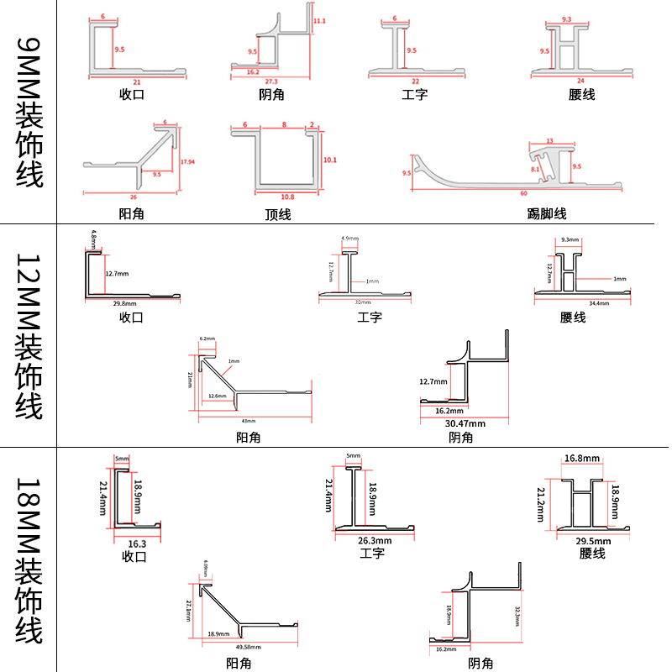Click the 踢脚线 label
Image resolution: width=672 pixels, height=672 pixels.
tap(547, 213)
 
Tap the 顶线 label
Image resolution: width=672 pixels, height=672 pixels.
tap(277, 213)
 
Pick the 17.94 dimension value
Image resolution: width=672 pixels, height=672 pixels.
tap(187, 161)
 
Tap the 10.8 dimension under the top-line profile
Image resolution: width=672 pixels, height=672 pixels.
tap(287, 197)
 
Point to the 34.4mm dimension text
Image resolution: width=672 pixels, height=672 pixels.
tap(598, 303)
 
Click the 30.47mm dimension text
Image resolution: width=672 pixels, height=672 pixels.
tap(465, 423)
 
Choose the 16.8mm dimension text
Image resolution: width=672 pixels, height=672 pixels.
tap(581, 459)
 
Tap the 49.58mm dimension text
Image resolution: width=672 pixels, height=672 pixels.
tap(248, 648)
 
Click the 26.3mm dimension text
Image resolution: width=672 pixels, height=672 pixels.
tap(375, 541)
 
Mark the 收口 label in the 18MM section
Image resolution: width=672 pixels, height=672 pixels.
tap(134, 556)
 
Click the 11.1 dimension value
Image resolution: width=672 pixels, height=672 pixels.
tap(319, 20)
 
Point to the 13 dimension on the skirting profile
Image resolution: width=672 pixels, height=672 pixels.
tap(549, 141)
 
